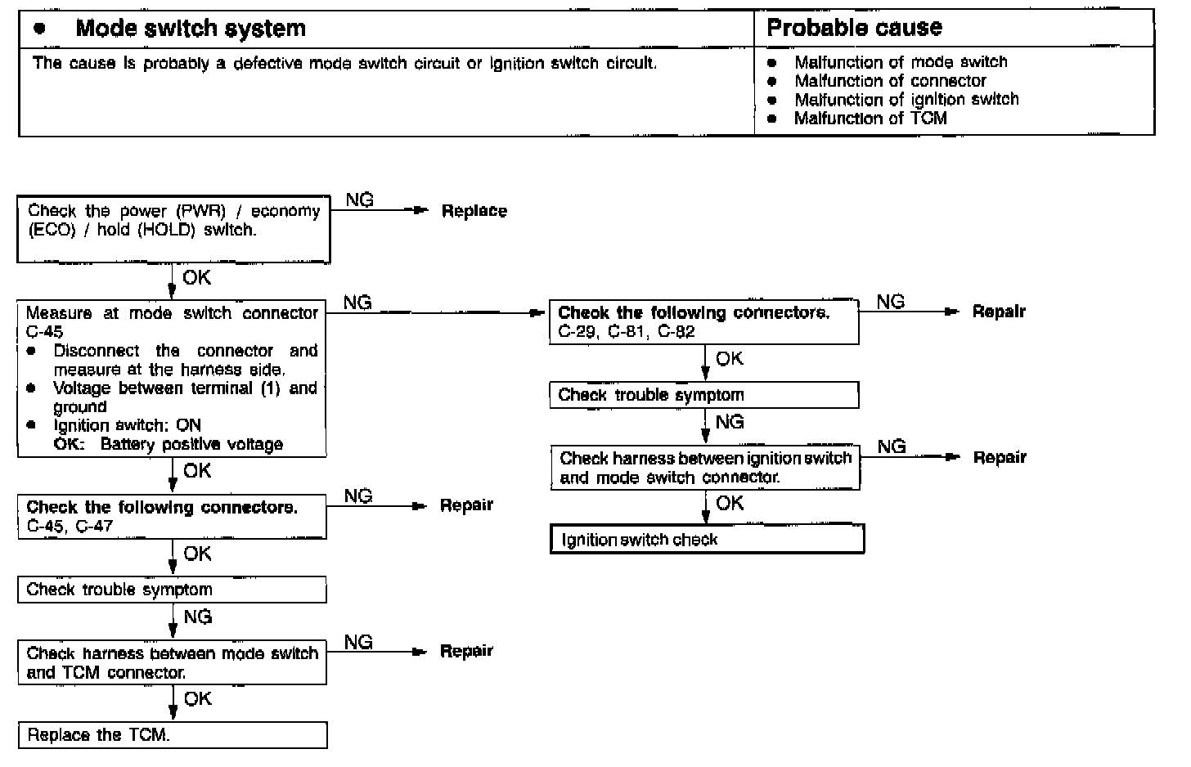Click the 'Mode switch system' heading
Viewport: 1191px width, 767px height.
coord(190,29)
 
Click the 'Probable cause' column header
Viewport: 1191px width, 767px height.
coord(854,29)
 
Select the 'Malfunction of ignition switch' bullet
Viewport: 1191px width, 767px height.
coord(906,100)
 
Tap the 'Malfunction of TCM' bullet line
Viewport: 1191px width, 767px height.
coord(870,119)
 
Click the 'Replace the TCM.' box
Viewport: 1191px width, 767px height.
coord(172,735)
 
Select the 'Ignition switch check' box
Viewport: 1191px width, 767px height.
coord(707,540)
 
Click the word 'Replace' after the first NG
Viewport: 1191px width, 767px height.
coord(474,211)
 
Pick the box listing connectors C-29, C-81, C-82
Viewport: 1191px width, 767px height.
coord(703,322)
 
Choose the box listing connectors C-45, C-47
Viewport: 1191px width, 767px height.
coord(172,516)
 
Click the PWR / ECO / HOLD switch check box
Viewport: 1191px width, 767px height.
coord(173,229)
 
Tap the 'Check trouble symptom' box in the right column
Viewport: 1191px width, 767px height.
coord(703,395)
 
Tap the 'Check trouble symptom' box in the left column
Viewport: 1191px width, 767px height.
coord(172,590)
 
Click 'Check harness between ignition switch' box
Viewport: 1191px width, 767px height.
coord(705,468)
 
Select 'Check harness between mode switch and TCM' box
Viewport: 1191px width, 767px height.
coord(172,662)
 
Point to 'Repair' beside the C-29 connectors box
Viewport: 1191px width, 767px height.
coord(998,312)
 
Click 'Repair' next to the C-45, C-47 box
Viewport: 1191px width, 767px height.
coord(466,505)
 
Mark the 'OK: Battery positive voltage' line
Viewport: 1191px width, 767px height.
coord(169,445)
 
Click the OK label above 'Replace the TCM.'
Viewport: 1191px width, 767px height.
coord(197,699)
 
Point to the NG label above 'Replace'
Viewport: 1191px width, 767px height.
coord(360,200)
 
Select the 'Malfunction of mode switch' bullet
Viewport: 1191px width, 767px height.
coord(901,62)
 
